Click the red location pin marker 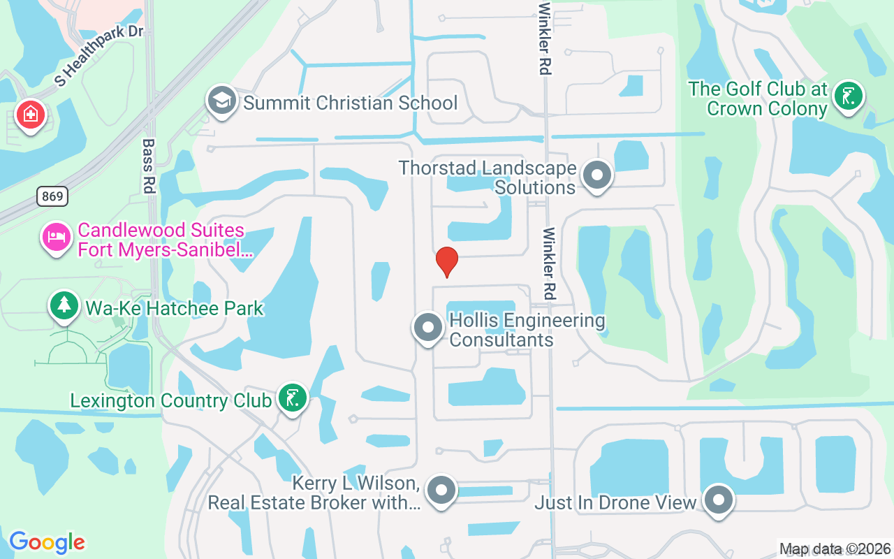446,262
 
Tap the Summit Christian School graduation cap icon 221,101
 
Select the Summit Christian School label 350,103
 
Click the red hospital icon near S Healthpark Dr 31,113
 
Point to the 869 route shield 52,196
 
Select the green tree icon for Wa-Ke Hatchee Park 64,305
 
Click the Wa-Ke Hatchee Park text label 174,308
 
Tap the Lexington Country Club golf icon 292,398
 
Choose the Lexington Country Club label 170,401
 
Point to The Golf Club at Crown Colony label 758,99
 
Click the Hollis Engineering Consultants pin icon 428,327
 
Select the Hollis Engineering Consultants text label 527,330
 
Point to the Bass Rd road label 149,165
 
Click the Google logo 47,542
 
